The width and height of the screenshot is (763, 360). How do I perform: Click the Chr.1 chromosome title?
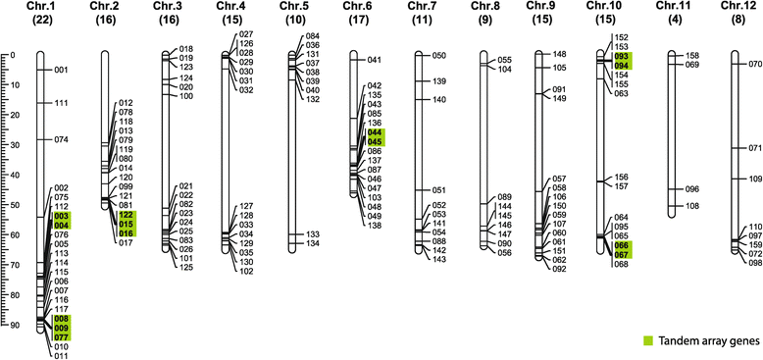tap(41, 8)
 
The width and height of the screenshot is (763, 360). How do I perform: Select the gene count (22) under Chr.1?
tap(41, 22)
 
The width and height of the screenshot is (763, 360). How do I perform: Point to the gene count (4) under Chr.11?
tap(676, 22)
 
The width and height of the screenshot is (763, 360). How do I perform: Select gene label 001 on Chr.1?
tap(61, 71)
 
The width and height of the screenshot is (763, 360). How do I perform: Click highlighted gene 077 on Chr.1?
tap(61, 336)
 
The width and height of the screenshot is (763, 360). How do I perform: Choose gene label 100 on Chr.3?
tap(186, 96)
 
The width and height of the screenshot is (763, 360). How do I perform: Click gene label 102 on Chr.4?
tap(245, 271)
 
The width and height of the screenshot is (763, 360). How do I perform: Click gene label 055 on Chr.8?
tap(505, 60)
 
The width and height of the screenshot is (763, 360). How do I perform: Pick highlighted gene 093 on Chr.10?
tap(621, 57)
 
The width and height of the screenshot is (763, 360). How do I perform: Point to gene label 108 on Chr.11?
tap(691, 206)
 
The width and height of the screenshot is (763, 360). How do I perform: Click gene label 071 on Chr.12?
tap(755, 148)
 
